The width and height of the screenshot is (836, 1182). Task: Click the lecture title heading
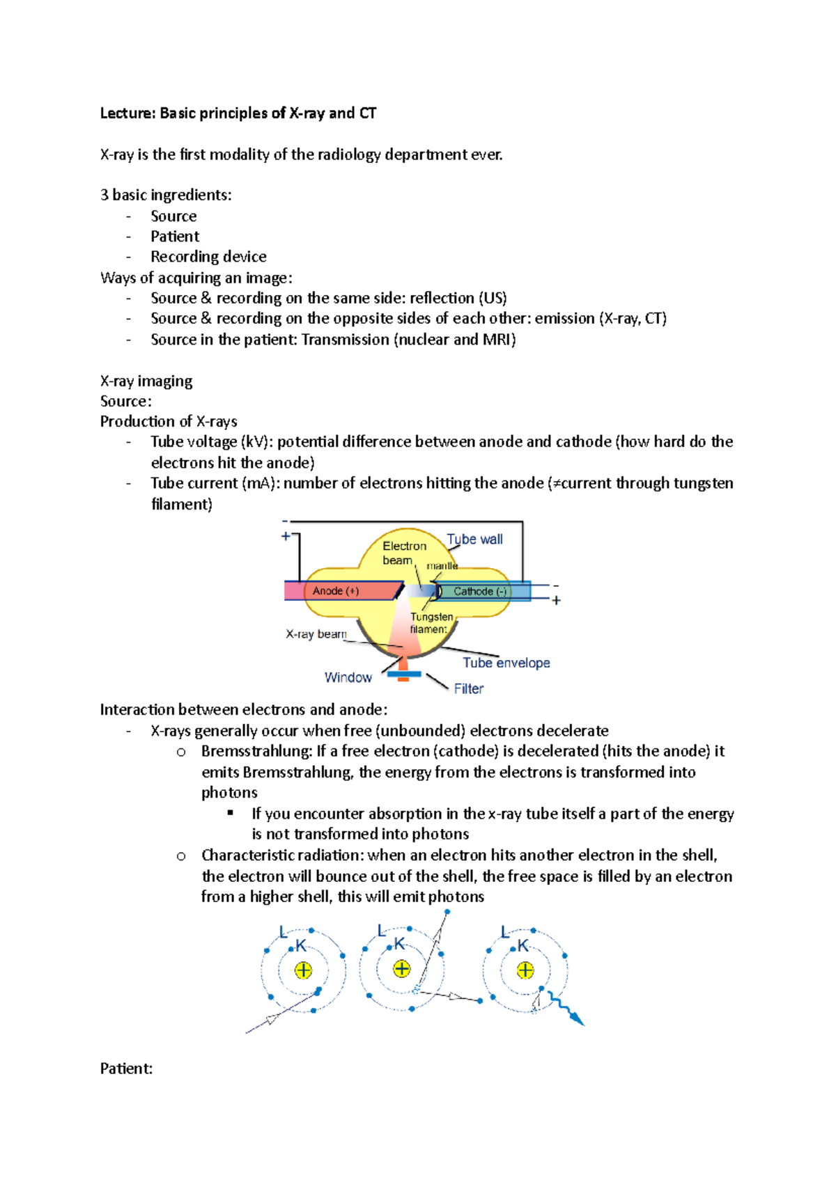tap(238, 113)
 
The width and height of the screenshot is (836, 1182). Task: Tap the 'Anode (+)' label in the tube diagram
tap(336, 591)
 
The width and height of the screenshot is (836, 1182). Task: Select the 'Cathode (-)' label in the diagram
tap(480, 592)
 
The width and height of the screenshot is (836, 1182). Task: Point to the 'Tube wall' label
tap(474, 539)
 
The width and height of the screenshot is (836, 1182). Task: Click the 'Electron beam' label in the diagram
tap(403, 553)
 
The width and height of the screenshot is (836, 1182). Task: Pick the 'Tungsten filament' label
tap(431, 623)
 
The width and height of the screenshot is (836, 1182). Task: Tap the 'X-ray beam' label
tap(316, 634)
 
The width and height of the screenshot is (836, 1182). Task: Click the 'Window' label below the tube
tap(348, 677)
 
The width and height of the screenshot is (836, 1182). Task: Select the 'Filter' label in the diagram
tap(468, 688)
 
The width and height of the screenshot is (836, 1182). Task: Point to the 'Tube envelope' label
tap(506, 663)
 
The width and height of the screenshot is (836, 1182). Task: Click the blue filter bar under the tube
tap(404, 674)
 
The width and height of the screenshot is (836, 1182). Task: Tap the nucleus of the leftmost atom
tap(303, 970)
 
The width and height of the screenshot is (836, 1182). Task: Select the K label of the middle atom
tap(399, 944)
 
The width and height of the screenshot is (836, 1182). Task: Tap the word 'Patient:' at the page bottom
tap(126, 1069)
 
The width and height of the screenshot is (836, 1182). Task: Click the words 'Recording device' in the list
tap(208, 257)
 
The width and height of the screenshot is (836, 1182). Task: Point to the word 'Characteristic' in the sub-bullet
tap(247, 856)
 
